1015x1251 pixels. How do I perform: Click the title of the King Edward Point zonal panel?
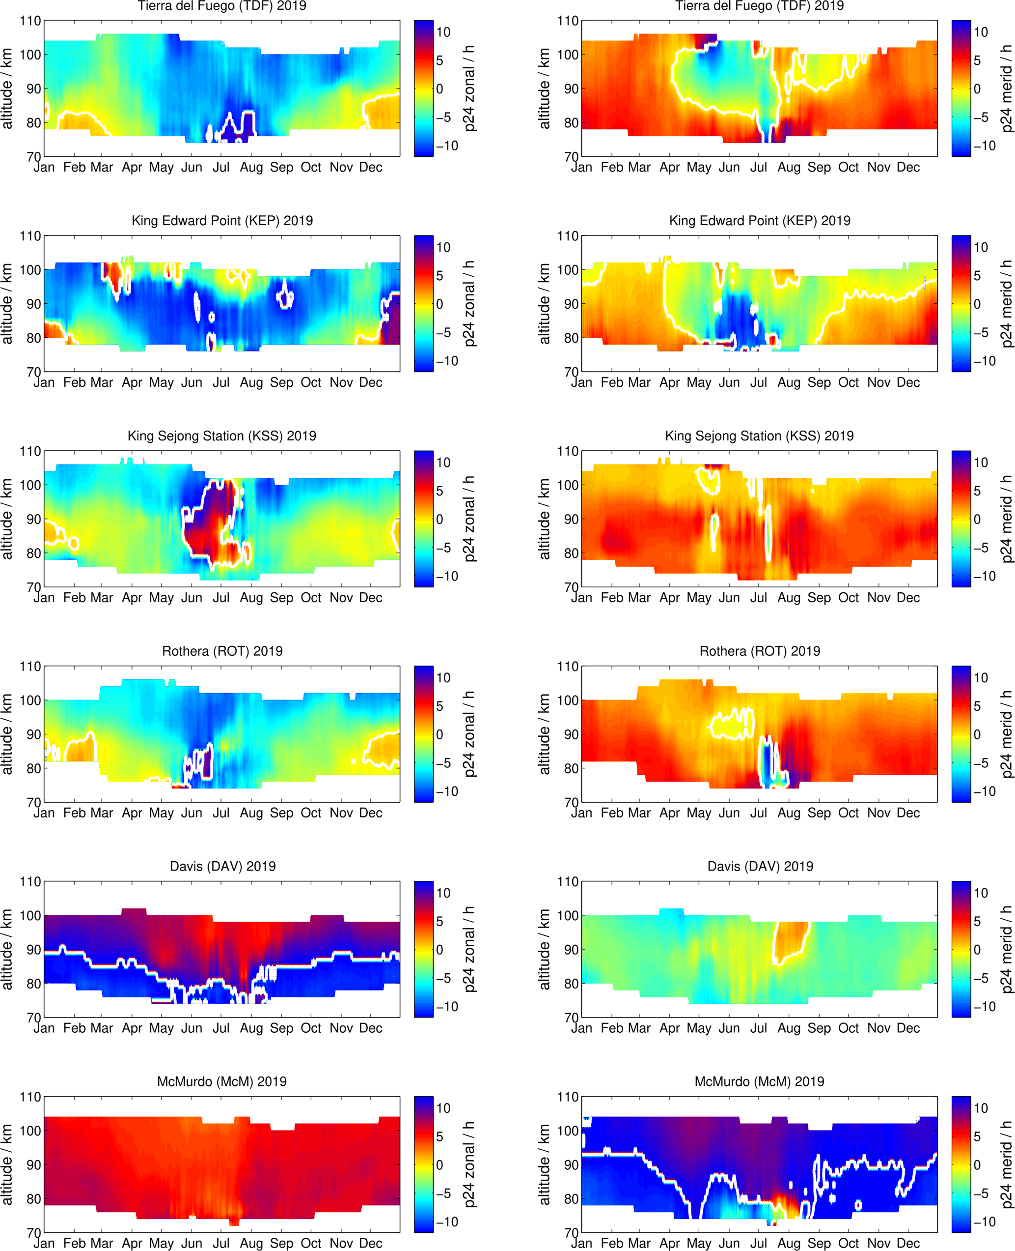222,221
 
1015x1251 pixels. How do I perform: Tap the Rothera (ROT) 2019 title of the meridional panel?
760,651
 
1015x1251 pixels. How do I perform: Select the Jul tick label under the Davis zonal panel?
221,1028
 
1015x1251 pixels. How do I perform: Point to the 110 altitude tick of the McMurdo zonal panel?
30,1097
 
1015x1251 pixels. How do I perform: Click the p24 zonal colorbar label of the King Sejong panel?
469,519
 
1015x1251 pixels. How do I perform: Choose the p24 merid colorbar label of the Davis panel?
1007,950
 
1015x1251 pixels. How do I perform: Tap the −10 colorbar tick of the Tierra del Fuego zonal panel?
447,145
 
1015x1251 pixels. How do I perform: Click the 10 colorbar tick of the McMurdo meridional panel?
981,1108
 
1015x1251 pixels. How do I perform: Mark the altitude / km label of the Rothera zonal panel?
7,734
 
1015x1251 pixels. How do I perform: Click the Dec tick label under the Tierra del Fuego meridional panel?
908,167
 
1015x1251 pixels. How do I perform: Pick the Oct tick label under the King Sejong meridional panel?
849,598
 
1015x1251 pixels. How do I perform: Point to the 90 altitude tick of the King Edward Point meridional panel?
568,304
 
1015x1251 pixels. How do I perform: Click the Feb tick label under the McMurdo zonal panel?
74,1244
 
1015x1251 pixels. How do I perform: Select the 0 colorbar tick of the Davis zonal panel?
439,950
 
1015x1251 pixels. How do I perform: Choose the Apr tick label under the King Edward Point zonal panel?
132,382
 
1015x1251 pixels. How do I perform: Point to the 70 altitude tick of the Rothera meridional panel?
568,802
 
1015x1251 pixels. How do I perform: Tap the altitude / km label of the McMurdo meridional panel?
545,1165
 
